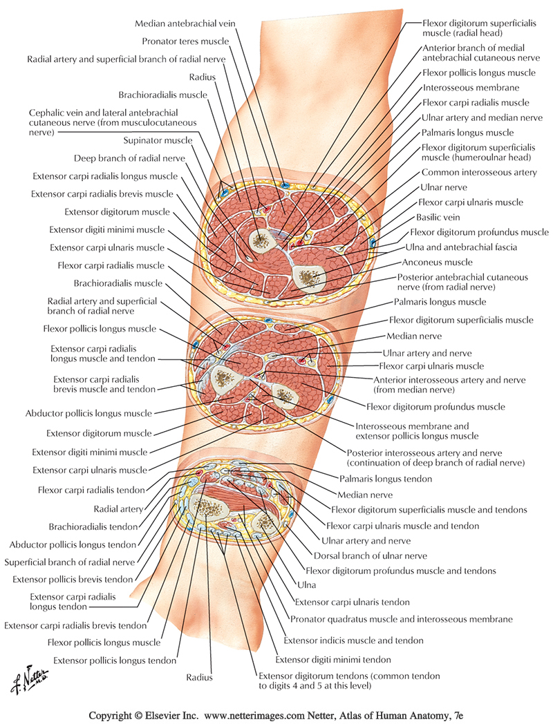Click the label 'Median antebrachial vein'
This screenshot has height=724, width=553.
pyautogui.click(x=185, y=23)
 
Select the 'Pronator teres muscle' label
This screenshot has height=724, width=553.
pyautogui.click(x=190, y=41)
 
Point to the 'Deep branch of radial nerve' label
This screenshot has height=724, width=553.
pyautogui.click(x=130, y=158)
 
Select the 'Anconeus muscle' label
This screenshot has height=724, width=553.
pyautogui.click(x=439, y=262)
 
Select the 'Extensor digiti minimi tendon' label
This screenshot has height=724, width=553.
pyautogui.click(x=333, y=660)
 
